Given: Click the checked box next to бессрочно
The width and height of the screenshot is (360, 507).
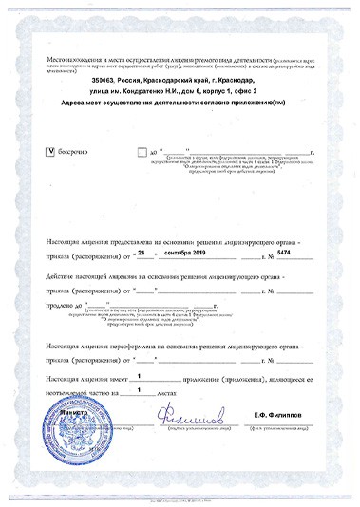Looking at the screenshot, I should click(x=50, y=151).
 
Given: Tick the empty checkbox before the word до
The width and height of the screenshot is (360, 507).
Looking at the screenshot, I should click(x=142, y=151).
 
